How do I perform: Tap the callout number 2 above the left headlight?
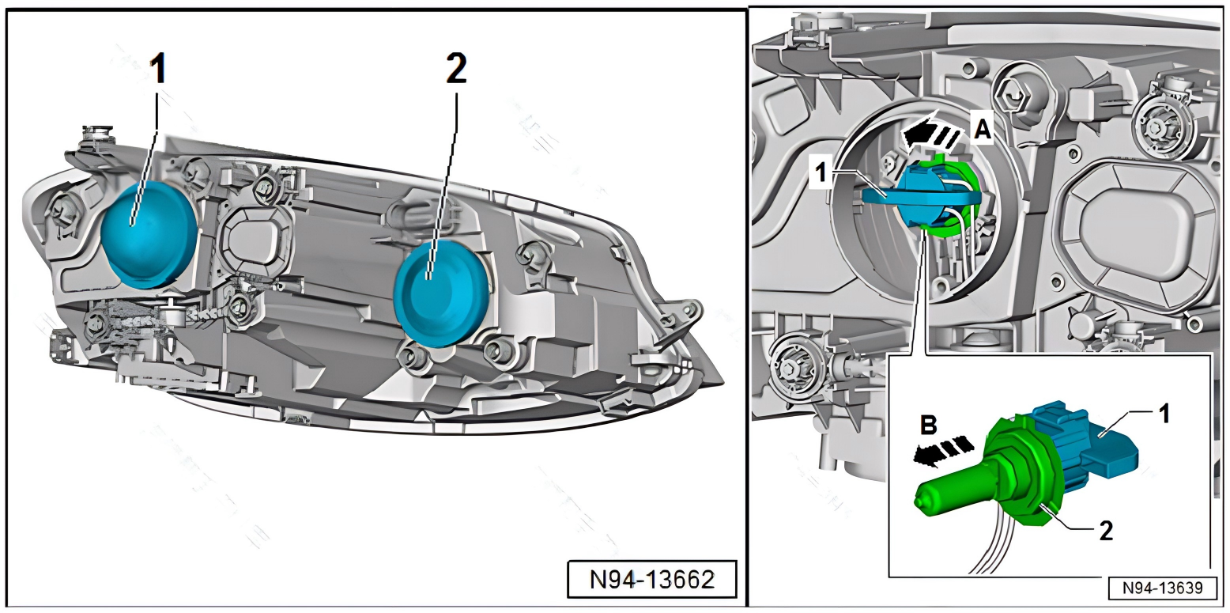[455, 71]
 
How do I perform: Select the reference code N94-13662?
[652, 579]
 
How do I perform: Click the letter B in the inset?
[929, 426]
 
